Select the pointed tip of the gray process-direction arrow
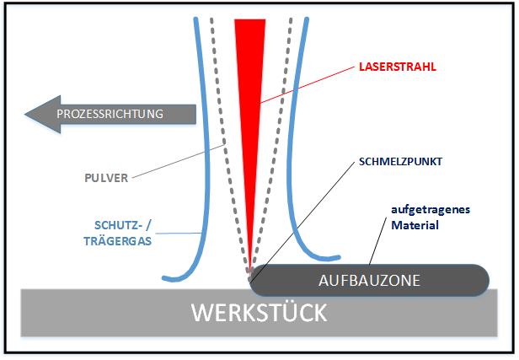coord(28,112)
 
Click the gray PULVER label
coord(109,179)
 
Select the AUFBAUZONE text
coord(370,279)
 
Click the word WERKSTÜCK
coord(258,314)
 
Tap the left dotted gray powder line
coord(222,126)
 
